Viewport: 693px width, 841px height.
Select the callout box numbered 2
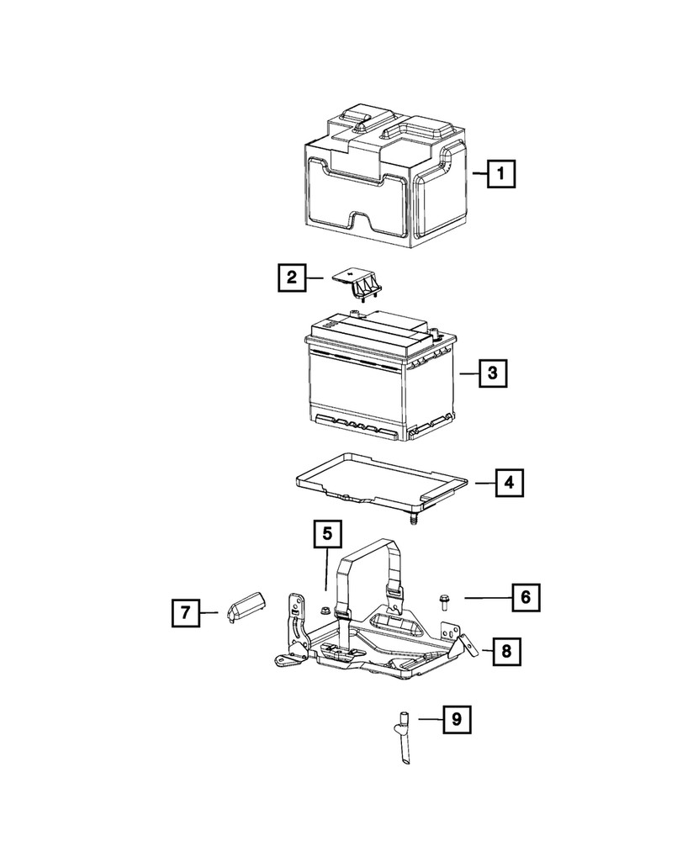[291, 277]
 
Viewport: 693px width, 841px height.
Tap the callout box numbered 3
[494, 372]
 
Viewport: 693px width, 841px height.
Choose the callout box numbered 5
[327, 534]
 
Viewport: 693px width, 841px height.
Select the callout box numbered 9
[456, 719]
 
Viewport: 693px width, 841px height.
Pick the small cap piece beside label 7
[244, 606]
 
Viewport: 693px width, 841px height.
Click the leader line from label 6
[486, 598]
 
